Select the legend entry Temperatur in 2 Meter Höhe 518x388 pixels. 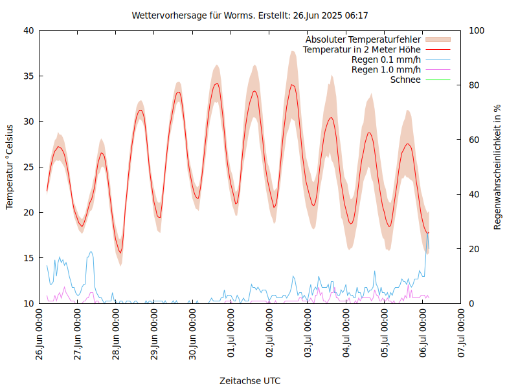362,50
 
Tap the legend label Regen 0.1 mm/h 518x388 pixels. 386,59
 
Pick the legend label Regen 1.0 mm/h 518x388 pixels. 386,70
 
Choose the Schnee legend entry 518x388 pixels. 405,80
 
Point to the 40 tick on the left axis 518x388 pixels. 28,30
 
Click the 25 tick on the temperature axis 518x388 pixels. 28,167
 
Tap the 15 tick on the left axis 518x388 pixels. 28,258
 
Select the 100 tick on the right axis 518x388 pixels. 477,30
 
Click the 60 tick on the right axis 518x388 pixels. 474,140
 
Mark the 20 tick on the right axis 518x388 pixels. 474,249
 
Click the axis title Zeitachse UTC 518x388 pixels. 250,380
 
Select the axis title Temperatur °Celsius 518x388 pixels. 10,167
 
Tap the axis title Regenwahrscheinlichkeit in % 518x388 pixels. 498,167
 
